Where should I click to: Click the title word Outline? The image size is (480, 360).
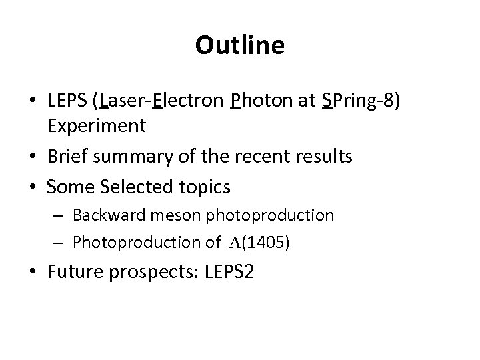pos(240,45)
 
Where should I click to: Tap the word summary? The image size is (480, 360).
pos(131,157)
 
